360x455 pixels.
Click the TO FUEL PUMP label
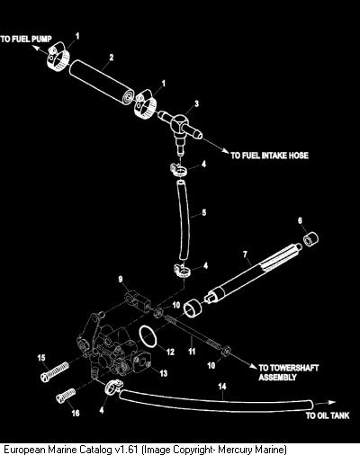coord(26,39)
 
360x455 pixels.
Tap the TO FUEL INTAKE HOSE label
coord(269,156)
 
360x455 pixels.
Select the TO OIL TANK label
coord(328,415)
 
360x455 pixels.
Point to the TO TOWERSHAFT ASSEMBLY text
coord(289,372)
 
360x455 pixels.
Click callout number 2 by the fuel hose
coord(112,57)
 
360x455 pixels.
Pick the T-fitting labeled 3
coord(180,128)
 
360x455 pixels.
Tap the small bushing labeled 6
coord(310,238)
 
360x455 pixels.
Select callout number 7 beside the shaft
coord(245,254)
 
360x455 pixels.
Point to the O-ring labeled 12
coord(148,336)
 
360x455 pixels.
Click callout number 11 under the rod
coord(192,351)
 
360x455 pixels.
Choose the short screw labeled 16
coord(66,395)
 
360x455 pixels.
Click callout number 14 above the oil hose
coord(222,387)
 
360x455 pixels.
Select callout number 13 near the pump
coord(163,373)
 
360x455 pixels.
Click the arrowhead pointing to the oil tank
coord(332,403)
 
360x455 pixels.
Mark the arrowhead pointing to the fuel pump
coord(36,48)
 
